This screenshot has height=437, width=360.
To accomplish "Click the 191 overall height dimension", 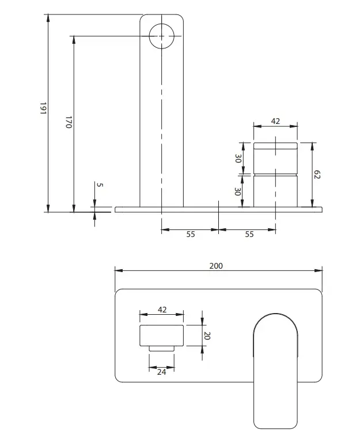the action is [43, 108].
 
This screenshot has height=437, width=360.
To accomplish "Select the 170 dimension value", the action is [69, 122].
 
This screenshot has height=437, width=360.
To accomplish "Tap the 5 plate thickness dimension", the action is [100, 184].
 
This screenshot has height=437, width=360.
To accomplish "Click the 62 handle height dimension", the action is [317, 175].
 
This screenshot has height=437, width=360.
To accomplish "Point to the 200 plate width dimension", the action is [216, 266].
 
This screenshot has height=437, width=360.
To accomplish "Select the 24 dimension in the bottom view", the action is [161, 372].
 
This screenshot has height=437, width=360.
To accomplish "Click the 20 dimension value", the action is [206, 336].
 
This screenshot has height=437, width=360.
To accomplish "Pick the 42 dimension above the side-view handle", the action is [275, 121].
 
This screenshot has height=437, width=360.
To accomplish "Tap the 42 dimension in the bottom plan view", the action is [162, 310].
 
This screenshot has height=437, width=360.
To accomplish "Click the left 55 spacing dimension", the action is [191, 234].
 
